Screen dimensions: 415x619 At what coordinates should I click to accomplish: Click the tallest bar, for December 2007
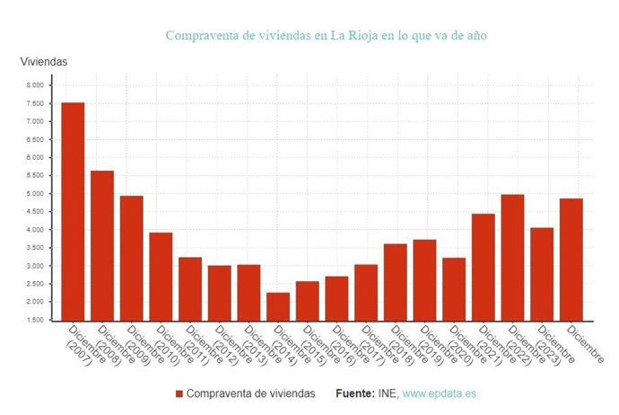73,211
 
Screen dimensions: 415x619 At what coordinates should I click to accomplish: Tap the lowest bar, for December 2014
278,306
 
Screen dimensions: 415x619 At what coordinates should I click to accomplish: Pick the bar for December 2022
512,257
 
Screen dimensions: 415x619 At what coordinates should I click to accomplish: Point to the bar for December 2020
454,288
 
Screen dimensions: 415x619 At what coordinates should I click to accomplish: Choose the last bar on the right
571,259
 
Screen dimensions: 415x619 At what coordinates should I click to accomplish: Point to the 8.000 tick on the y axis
34,85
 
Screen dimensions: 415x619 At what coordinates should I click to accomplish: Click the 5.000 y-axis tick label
34,194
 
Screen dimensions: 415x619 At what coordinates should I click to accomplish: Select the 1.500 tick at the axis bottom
34,321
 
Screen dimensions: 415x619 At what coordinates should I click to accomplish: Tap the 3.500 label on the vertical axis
34,248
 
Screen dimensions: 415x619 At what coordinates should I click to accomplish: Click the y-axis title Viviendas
44,61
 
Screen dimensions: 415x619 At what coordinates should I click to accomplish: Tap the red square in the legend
179,394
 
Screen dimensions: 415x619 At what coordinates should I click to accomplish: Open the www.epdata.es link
440,394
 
